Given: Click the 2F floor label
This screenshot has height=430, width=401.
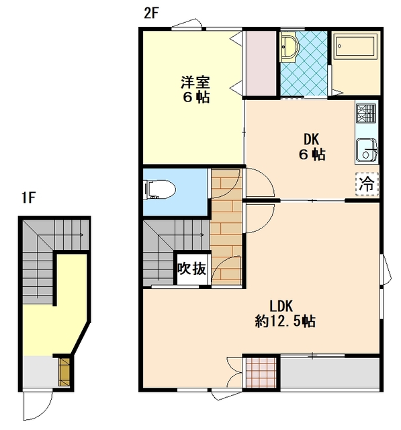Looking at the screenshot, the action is point(152,13).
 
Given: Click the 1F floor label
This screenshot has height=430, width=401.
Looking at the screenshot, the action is point(28,198).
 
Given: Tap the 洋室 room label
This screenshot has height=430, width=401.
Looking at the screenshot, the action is point(195,82).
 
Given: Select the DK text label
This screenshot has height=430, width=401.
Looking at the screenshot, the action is point(312,139).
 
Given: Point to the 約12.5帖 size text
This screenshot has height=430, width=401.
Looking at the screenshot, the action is point(285,321).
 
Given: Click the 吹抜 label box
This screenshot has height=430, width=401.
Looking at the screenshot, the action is point(192,269).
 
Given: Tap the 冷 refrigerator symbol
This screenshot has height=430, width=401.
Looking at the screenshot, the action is point(367,184).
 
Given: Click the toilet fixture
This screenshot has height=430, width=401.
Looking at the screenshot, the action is point(159,189).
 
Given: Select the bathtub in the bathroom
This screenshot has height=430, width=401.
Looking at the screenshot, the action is point(356,46).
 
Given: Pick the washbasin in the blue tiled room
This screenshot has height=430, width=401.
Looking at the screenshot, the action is point(289,46).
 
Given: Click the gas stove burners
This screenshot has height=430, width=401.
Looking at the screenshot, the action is point(365,113).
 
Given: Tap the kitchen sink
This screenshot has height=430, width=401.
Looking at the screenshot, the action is point(366,150).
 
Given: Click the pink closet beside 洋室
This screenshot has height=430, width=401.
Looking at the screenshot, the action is point(261,63).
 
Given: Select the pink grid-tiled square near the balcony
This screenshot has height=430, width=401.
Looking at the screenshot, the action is point(261,372).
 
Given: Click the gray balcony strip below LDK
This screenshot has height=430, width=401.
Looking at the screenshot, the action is point(330,372).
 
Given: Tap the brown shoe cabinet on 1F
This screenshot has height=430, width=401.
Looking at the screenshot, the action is point(64,372).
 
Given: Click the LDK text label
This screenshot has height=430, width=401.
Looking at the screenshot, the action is point(281,306).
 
